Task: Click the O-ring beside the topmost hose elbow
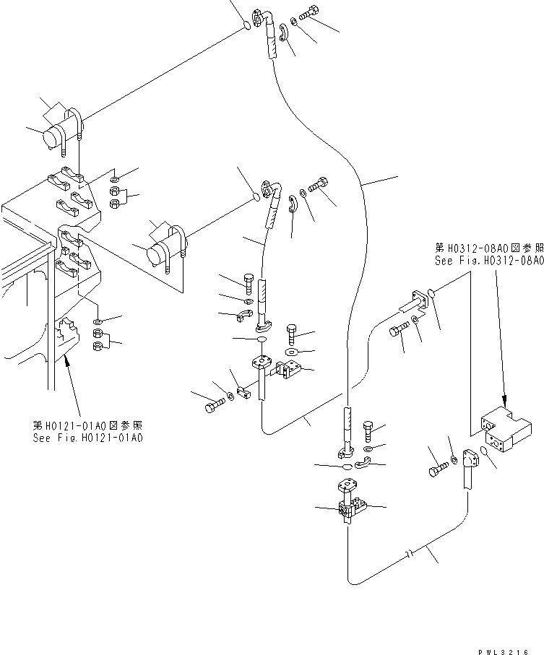pos(246,26)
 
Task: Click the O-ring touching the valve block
pos(485,452)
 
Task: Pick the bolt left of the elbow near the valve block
pos(436,471)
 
